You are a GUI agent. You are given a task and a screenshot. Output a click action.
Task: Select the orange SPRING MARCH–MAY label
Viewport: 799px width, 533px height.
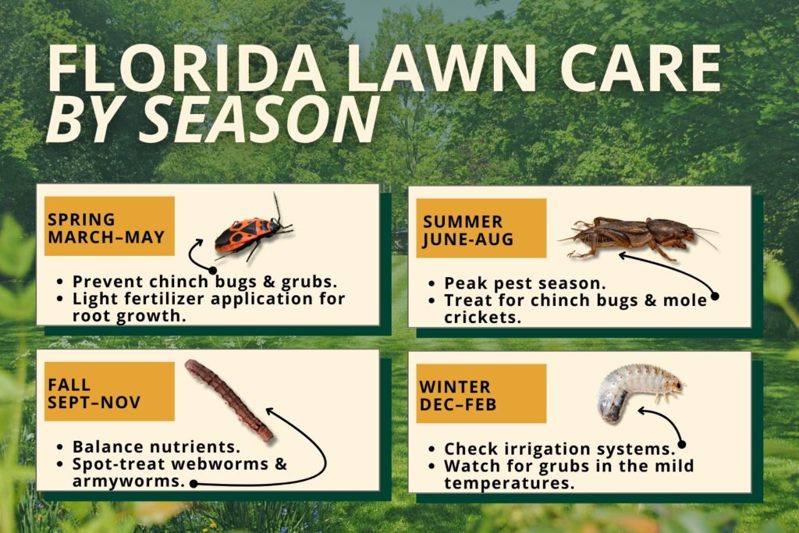pos(106,227)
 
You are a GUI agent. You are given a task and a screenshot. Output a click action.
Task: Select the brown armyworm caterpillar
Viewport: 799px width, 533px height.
pos(229,399)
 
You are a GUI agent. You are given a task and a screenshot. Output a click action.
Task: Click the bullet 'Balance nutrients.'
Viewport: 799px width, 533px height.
pos(155,446)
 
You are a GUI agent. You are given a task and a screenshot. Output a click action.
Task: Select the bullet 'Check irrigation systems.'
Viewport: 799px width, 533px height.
pos(558,449)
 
